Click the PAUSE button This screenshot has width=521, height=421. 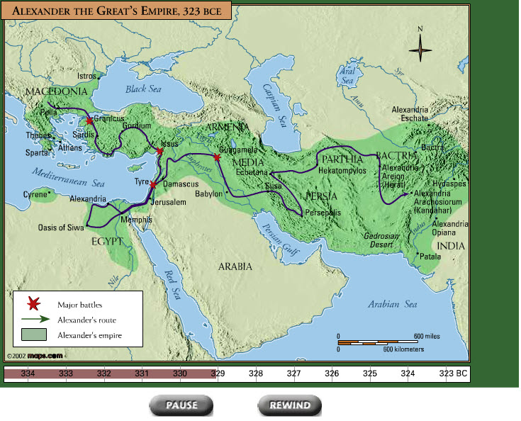[x=181, y=405]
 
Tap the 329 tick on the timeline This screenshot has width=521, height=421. [x=218, y=374]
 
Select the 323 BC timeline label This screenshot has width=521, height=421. [x=453, y=374]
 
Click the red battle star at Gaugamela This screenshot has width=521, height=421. [x=218, y=157]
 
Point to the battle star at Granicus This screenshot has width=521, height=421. [x=89, y=122]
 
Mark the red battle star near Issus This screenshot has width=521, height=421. [x=160, y=151]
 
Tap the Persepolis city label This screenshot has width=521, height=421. [x=323, y=212]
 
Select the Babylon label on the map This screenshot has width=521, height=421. [x=208, y=193]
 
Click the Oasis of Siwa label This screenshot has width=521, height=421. [x=61, y=228]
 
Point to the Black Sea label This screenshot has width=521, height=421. [x=144, y=89]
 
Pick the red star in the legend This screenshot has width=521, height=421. [x=33, y=305]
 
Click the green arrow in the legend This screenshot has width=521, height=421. [x=33, y=319]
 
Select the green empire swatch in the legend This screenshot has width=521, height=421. [x=33, y=334]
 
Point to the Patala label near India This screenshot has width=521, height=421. [x=430, y=257]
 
